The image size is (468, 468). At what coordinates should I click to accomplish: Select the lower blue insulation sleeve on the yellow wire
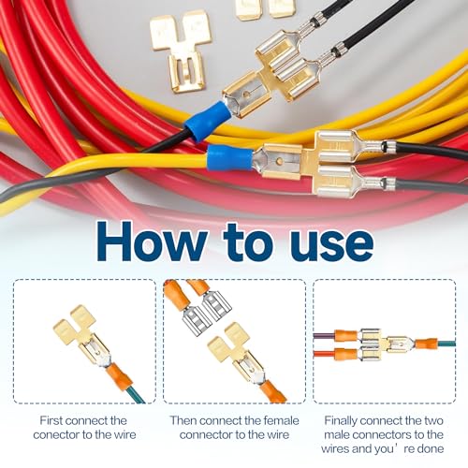pyautogui.click(x=229, y=157)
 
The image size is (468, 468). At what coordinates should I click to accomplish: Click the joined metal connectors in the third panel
pyautogui.click(x=384, y=344)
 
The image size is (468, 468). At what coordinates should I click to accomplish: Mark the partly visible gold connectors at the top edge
pyautogui.click(x=264, y=8)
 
